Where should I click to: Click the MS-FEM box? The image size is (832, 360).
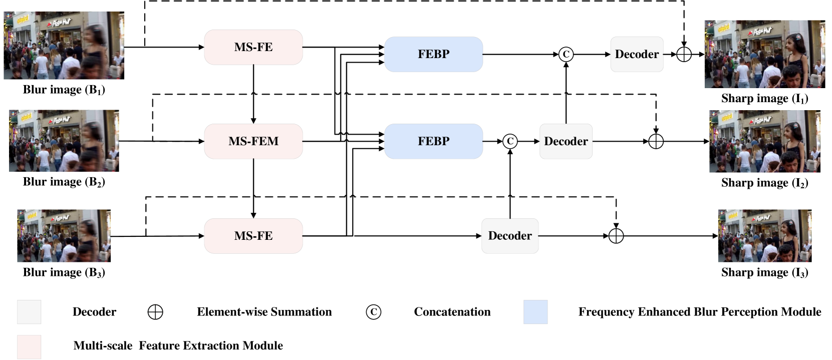point(253,141)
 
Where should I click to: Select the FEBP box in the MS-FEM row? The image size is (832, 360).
point(434,141)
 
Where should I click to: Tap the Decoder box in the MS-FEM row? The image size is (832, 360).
point(566,141)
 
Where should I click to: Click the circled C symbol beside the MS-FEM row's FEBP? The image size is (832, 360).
point(510,141)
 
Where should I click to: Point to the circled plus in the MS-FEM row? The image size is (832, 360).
point(656,141)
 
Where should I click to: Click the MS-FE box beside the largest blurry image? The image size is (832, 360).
point(253,47)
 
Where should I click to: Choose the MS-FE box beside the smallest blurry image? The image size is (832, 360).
point(253,236)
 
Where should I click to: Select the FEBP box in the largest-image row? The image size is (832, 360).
point(434,54)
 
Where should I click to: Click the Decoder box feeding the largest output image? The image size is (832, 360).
point(637,54)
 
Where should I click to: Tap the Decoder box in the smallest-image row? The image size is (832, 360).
point(510,236)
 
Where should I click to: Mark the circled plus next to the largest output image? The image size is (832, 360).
point(684,54)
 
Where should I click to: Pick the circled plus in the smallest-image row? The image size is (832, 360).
point(616,236)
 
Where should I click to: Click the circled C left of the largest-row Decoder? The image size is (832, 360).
point(566,54)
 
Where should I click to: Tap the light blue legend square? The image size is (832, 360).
point(535,312)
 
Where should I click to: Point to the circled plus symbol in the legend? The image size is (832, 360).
point(155,312)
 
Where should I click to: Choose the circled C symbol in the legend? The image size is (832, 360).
point(373,312)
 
